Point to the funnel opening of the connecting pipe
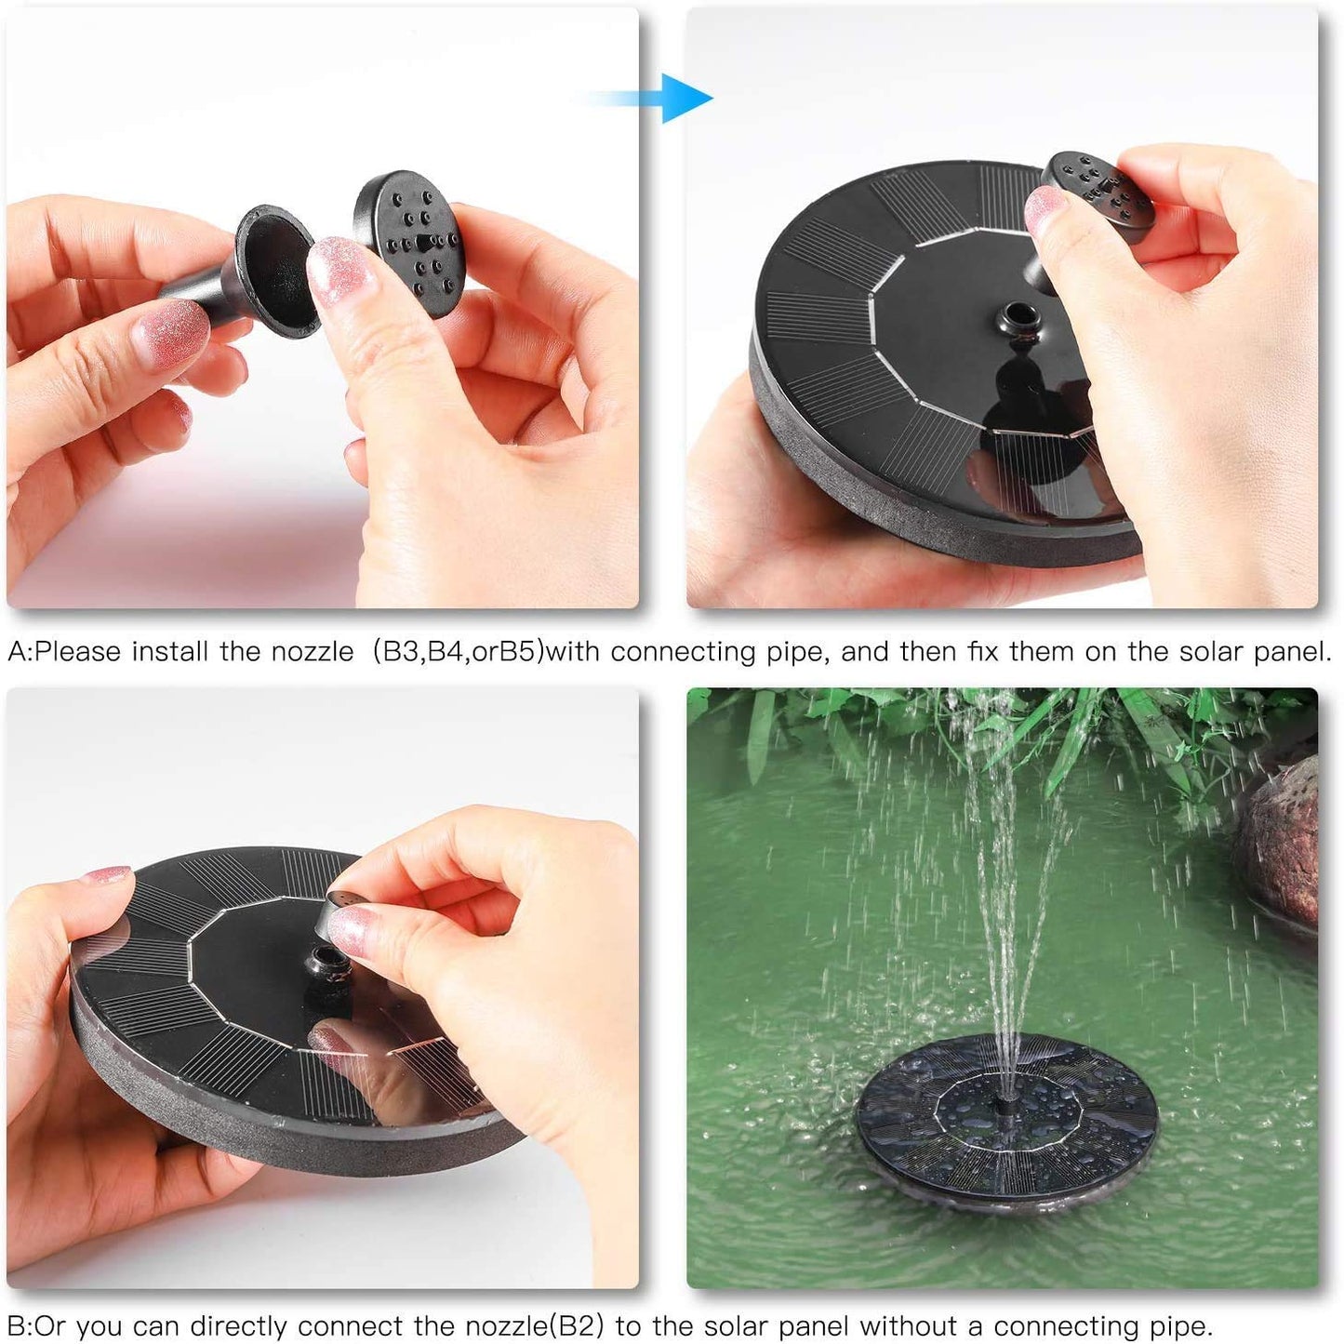(x=275, y=272)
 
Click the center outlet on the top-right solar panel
(x=1016, y=321)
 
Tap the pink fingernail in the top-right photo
(x=1045, y=209)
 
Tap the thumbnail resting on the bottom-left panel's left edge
(x=105, y=876)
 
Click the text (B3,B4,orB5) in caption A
(x=458, y=651)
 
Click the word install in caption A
(x=171, y=651)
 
